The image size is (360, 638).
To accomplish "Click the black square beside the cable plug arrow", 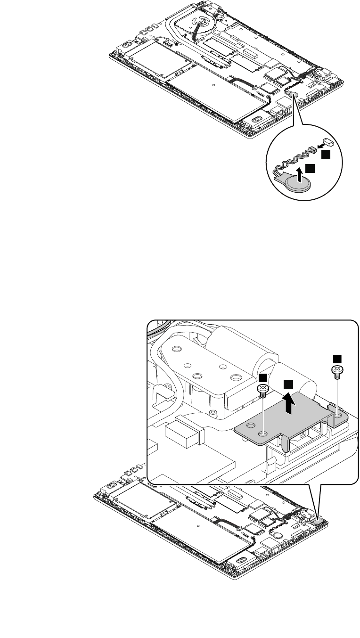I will pos(326,154).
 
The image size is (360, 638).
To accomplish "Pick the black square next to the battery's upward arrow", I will pos(309,168).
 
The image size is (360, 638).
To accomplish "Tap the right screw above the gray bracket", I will pos(337,371).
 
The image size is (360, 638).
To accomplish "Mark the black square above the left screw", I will pos(263,377).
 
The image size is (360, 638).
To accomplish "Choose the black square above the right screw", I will pos(337,358).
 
